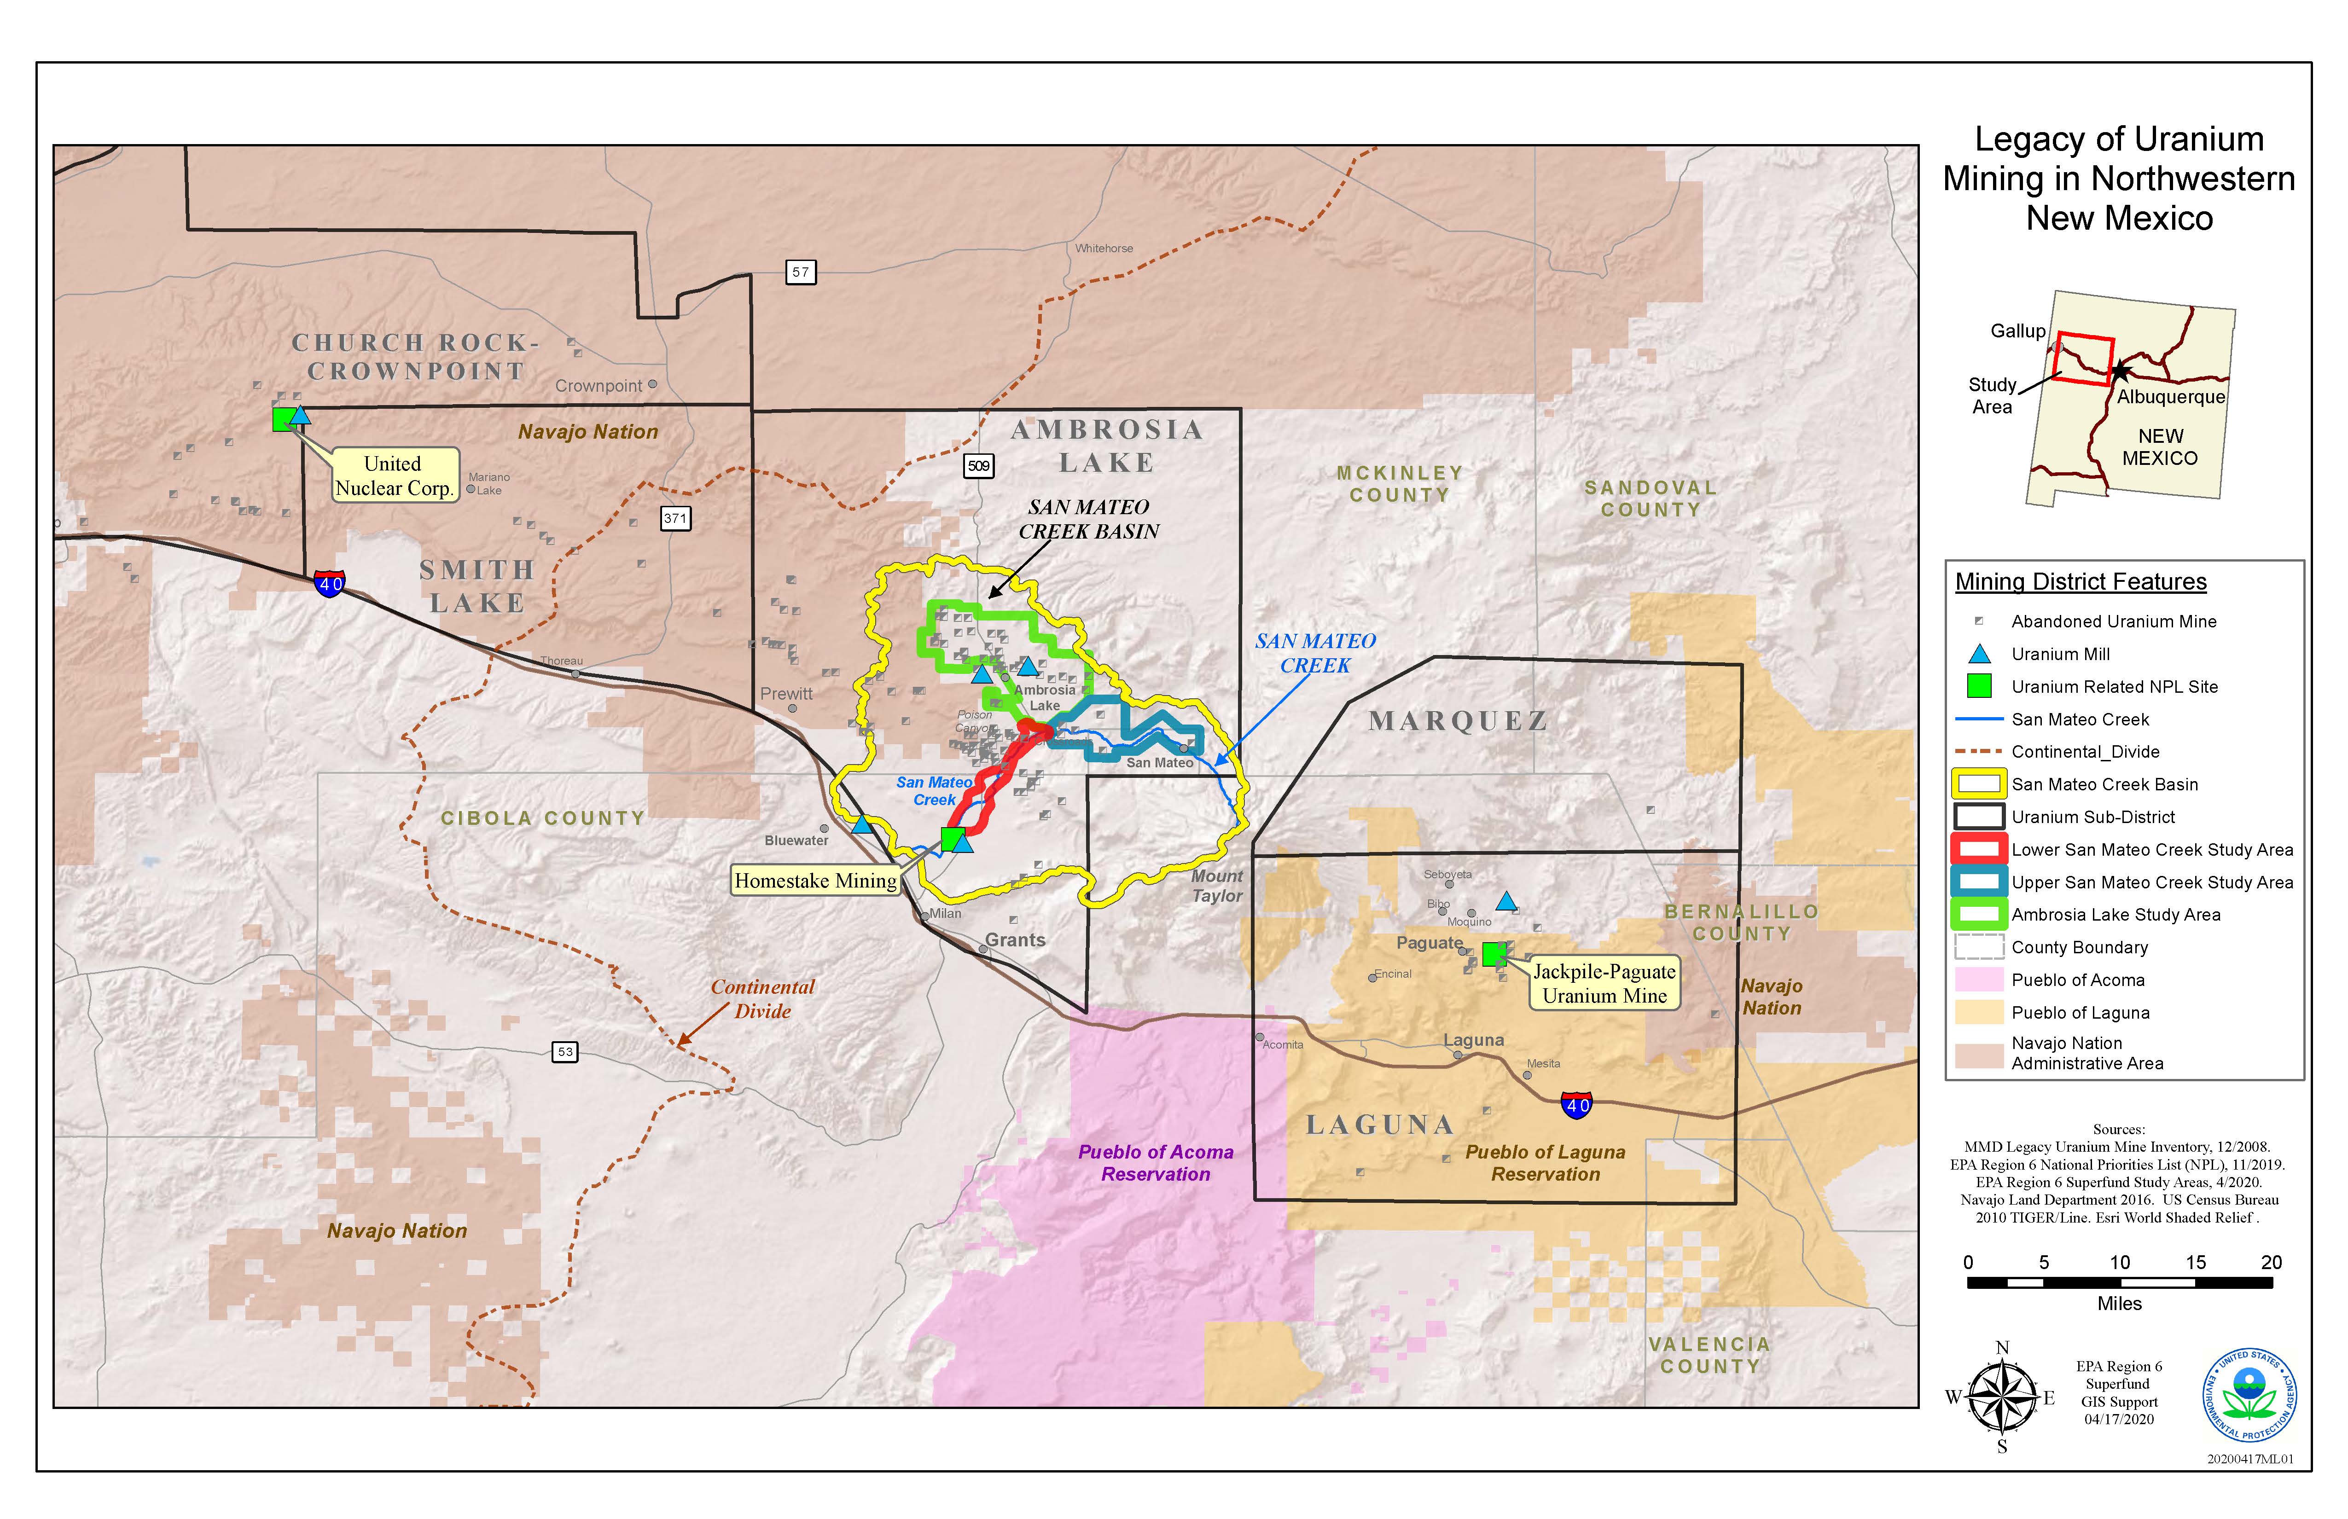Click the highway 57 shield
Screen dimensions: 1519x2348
tap(800, 272)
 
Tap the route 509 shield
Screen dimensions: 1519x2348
tap(978, 465)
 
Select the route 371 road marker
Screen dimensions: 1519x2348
tap(675, 518)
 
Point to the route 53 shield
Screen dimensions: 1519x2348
tap(564, 1051)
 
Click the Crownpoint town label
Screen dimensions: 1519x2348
tap(598, 386)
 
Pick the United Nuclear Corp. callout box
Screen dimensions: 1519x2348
tap(394, 475)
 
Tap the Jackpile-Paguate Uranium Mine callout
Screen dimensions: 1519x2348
tap(1603, 983)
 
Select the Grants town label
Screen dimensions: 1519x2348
tap(1014, 940)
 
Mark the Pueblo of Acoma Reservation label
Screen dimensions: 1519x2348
tap(1155, 1163)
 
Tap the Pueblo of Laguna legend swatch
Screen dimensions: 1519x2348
tap(1979, 1012)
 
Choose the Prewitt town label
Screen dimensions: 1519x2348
tap(786, 693)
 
